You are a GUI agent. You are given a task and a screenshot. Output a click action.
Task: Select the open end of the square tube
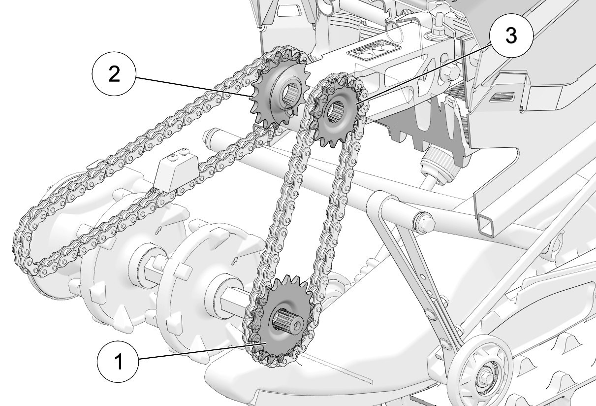click(486, 225)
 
